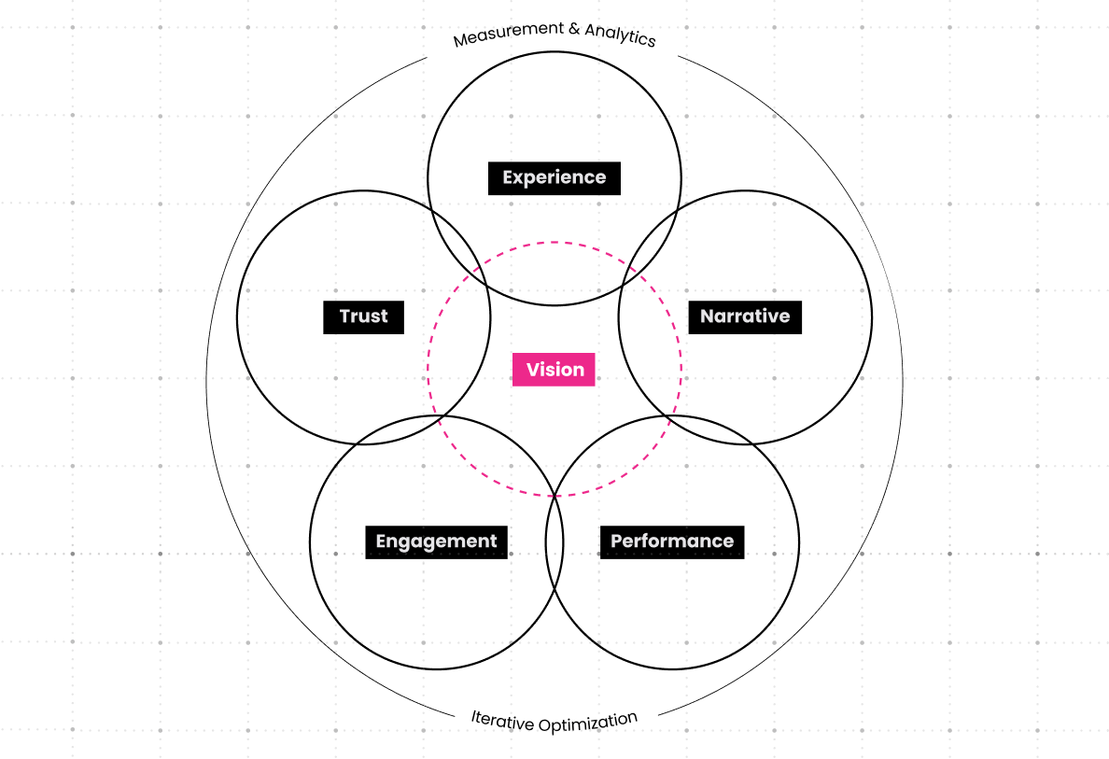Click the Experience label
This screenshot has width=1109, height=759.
tap(554, 177)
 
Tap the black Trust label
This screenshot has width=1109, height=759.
tap(364, 316)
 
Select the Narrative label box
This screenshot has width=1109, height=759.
tap(745, 316)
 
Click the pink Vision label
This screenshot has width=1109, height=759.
tap(554, 370)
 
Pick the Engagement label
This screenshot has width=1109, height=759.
tap(436, 541)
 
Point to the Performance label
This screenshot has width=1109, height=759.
tap(672, 541)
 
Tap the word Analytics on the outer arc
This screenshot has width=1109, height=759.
tap(620, 35)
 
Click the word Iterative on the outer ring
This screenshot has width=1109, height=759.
tap(501, 721)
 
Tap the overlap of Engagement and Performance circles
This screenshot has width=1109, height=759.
tap(554, 541)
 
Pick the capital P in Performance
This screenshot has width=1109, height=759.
tap(617, 541)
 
